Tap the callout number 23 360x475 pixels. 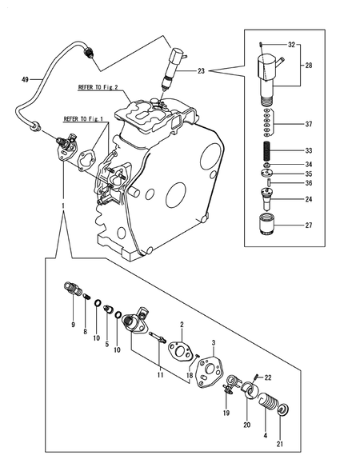[200, 72]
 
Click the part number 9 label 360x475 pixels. [74, 325]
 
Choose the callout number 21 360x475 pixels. [279, 444]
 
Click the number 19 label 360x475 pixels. [226, 413]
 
